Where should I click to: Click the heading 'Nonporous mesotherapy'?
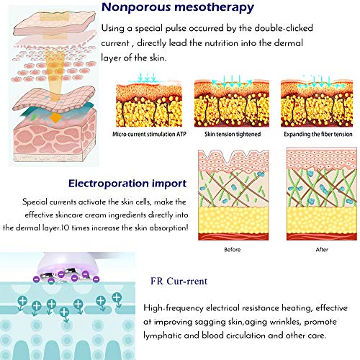(x=178, y=8)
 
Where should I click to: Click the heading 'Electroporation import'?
(x=127, y=184)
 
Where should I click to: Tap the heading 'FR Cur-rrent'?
(x=179, y=281)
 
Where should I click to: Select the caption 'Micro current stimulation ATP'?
(x=149, y=134)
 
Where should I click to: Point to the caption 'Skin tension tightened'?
(x=233, y=134)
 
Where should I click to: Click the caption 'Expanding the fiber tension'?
(x=318, y=134)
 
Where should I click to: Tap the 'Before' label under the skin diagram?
(x=233, y=250)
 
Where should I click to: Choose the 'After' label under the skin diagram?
(x=322, y=250)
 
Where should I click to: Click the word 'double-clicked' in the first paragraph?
(x=284, y=28)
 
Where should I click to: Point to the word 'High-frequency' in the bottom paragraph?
(x=174, y=308)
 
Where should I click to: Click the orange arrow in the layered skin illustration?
(x=55, y=117)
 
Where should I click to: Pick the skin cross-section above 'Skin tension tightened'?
(x=232, y=104)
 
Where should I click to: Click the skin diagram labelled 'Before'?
(x=233, y=195)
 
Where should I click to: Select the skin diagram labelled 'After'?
(x=322, y=194)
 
